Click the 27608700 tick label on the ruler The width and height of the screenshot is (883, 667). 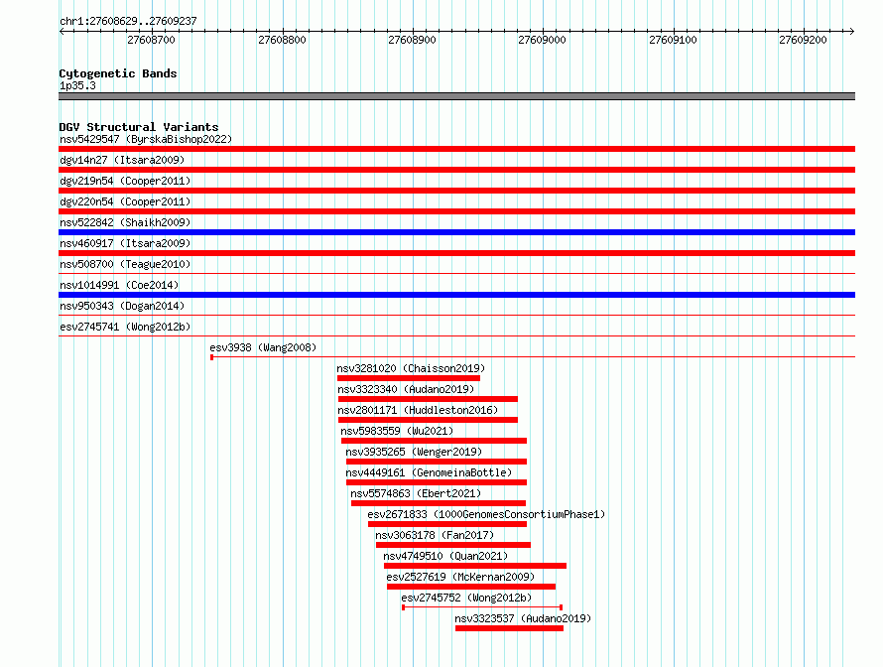pyautogui.click(x=151, y=40)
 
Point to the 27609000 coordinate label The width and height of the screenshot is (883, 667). pyautogui.click(x=542, y=40)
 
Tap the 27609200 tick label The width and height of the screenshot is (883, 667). pyautogui.click(x=803, y=40)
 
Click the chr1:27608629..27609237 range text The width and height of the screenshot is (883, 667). pyautogui.click(x=128, y=21)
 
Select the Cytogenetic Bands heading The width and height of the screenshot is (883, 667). pyautogui.click(x=118, y=73)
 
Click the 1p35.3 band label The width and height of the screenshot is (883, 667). pyautogui.click(x=77, y=85)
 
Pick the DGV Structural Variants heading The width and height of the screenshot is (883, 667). pyautogui.click(x=139, y=127)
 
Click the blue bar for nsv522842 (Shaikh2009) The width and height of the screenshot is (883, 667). pyautogui.click(x=456, y=232)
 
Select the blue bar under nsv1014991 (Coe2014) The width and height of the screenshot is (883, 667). pyautogui.click(x=456, y=295)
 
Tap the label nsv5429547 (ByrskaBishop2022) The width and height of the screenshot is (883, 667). pyautogui.click(x=146, y=139)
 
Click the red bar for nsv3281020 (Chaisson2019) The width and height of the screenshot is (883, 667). pyautogui.click(x=409, y=378)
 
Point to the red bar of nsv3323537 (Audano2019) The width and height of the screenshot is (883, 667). pyautogui.click(x=509, y=628)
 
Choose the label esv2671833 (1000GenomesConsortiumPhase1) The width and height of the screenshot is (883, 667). pyautogui.click(x=486, y=514)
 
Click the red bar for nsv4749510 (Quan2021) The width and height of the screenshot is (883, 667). pyautogui.click(x=475, y=566)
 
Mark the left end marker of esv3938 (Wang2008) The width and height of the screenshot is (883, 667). pyautogui.click(x=211, y=357)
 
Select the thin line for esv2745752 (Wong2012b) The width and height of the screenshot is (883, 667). pyautogui.click(x=482, y=607)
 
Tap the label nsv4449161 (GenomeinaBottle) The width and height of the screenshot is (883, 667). pyautogui.click(x=430, y=472)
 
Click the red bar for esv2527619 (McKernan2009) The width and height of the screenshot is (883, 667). pyautogui.click(x=471, y=587)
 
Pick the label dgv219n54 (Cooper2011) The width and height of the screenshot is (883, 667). pyautogui.click(x=125, y=181)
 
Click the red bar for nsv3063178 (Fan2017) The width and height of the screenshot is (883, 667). pyautogui.click(x=453, y=545)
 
